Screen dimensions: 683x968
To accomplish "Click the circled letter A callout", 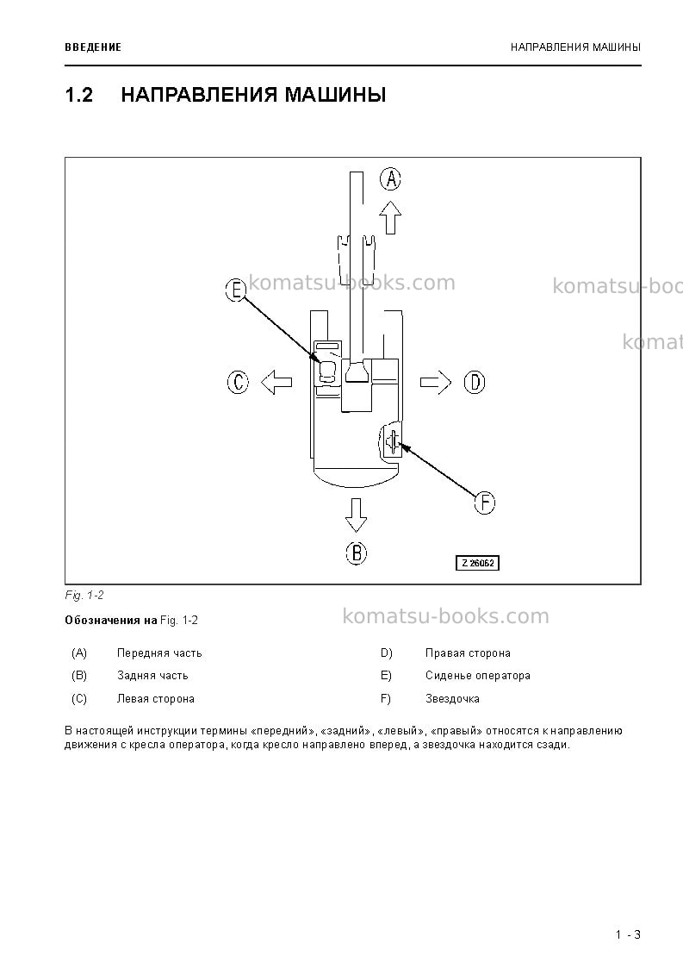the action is pos(390,179).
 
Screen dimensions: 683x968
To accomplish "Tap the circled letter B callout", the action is pos(356,553).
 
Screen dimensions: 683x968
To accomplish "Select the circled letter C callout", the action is pos(239,382).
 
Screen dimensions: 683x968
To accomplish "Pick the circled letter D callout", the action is pos(475,382).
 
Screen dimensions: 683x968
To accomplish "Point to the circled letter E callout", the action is pos(236,290).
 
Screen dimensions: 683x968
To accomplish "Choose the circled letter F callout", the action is pos(485,503).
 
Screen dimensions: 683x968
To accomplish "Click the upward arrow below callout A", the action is pos(390,217).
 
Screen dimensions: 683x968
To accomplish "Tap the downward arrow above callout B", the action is pos(356,515).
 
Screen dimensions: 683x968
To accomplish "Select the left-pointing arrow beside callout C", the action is pos(276,382).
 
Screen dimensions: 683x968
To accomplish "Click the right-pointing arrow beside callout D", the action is pos(436,382).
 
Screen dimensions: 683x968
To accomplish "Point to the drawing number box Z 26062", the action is pos(477,563).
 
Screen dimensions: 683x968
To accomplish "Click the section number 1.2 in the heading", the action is pos(79,95).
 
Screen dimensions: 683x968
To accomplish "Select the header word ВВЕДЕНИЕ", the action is pos(93,47).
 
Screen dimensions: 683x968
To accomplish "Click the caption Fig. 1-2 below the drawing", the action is pos(84,596).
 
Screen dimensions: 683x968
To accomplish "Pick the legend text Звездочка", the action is pos(452,699).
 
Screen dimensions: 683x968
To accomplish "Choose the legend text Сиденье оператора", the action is pos(477,676).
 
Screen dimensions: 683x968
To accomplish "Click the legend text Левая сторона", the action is pos(156,699).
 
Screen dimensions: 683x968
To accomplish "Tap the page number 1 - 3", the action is pos(628,934).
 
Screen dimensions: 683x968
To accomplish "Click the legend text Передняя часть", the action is pos(159,653).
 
